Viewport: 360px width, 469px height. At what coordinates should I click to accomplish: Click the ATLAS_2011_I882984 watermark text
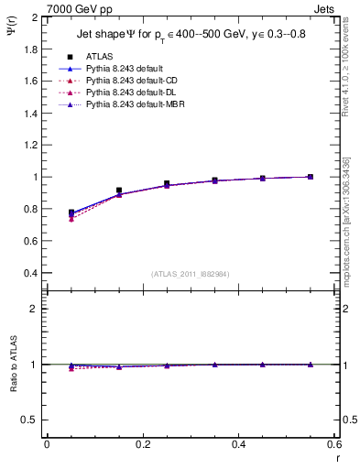[191, 274]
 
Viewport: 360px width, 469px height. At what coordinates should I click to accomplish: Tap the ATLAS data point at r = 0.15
[119, 191]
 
